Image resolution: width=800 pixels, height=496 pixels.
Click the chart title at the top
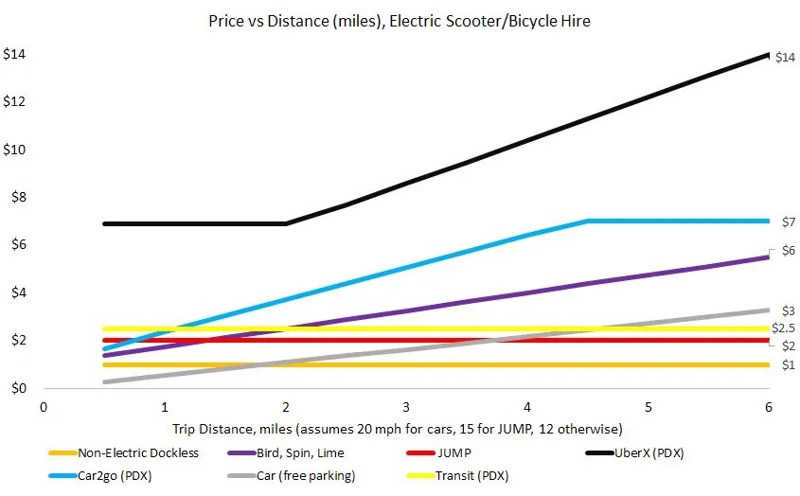click(399, 20)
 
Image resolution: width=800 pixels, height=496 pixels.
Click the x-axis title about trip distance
click(398, 428)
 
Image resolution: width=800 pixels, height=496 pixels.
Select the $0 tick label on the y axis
click(18, 388)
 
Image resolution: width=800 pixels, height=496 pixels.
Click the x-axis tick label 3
click(406, 406)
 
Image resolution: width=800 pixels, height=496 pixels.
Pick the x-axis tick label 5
click(648, 406)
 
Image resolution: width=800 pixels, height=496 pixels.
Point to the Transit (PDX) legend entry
click(483, 475)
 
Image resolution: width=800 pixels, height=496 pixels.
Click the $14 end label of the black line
click(785, 58)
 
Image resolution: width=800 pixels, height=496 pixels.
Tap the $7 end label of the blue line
click(788, 222)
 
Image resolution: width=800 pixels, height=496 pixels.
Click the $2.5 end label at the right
click(783, 328)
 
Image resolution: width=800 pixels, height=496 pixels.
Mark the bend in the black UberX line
click(286, 223)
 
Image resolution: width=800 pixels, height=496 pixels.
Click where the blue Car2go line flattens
click(588, 221)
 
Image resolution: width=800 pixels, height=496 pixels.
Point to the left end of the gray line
click(105, 381)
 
